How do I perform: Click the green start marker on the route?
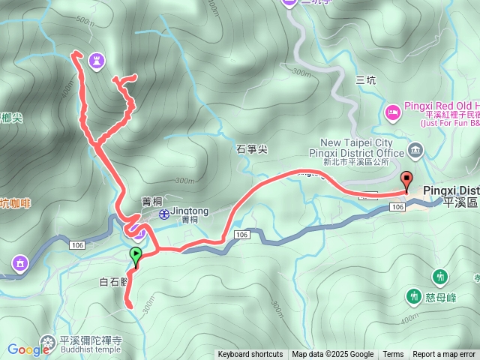(135, 257)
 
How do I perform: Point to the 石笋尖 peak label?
(252, 149)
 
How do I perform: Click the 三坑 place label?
(365, 80)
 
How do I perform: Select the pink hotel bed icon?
(392, 112)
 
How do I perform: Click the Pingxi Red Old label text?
(442, 106)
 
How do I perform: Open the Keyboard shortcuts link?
(250, 355)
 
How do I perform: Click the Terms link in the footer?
(393, 355)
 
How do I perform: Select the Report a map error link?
(444, 355)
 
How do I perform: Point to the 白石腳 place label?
(114, 282)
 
